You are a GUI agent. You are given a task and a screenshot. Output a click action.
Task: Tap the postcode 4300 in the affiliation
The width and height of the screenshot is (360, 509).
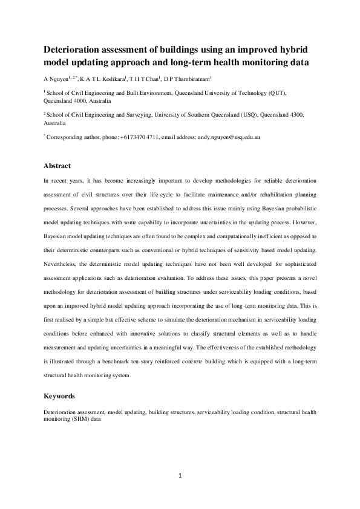(x=295, y=114)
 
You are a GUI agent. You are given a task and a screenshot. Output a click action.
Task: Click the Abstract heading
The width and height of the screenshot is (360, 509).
(x=57, y=166)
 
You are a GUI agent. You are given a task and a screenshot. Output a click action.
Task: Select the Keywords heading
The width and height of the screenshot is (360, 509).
(x=60, y=396)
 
